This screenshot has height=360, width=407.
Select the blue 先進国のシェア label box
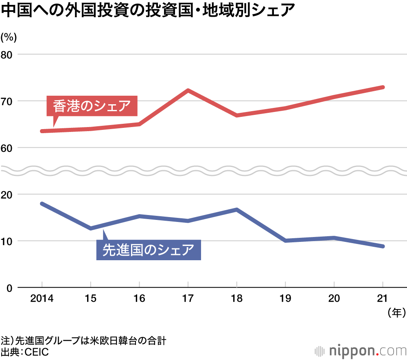coord(148,250)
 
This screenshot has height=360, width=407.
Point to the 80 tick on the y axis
coord(9,54)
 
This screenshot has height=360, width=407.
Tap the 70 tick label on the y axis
coord(9,101)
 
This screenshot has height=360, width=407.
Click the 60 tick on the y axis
coord(9,147)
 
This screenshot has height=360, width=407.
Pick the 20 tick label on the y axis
coord(9,194)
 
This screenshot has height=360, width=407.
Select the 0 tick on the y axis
coord(11,288)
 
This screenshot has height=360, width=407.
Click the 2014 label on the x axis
coord(42,299)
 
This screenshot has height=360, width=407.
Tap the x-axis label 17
coord(188,299)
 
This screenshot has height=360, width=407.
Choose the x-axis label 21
coord(383,299)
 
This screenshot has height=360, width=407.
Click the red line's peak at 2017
coord(188,90)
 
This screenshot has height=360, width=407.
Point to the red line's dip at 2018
coord(236,115)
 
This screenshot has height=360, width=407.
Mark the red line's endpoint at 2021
coord(383,87)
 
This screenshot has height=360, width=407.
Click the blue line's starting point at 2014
coord(42,203)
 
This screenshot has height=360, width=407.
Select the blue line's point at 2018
coord(236,209)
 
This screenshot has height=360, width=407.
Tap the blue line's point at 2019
coord(285,241)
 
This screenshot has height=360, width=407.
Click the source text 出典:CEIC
coord(25,352)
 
